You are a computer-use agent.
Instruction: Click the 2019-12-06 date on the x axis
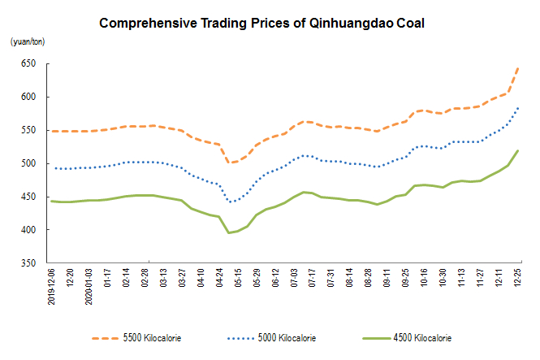51,288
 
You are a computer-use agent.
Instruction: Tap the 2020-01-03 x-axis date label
89,288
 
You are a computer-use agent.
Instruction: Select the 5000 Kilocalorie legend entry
284,337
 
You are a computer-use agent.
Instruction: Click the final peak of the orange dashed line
519,68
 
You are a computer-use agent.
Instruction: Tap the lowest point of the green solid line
229,233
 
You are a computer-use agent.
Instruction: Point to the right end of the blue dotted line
519,107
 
